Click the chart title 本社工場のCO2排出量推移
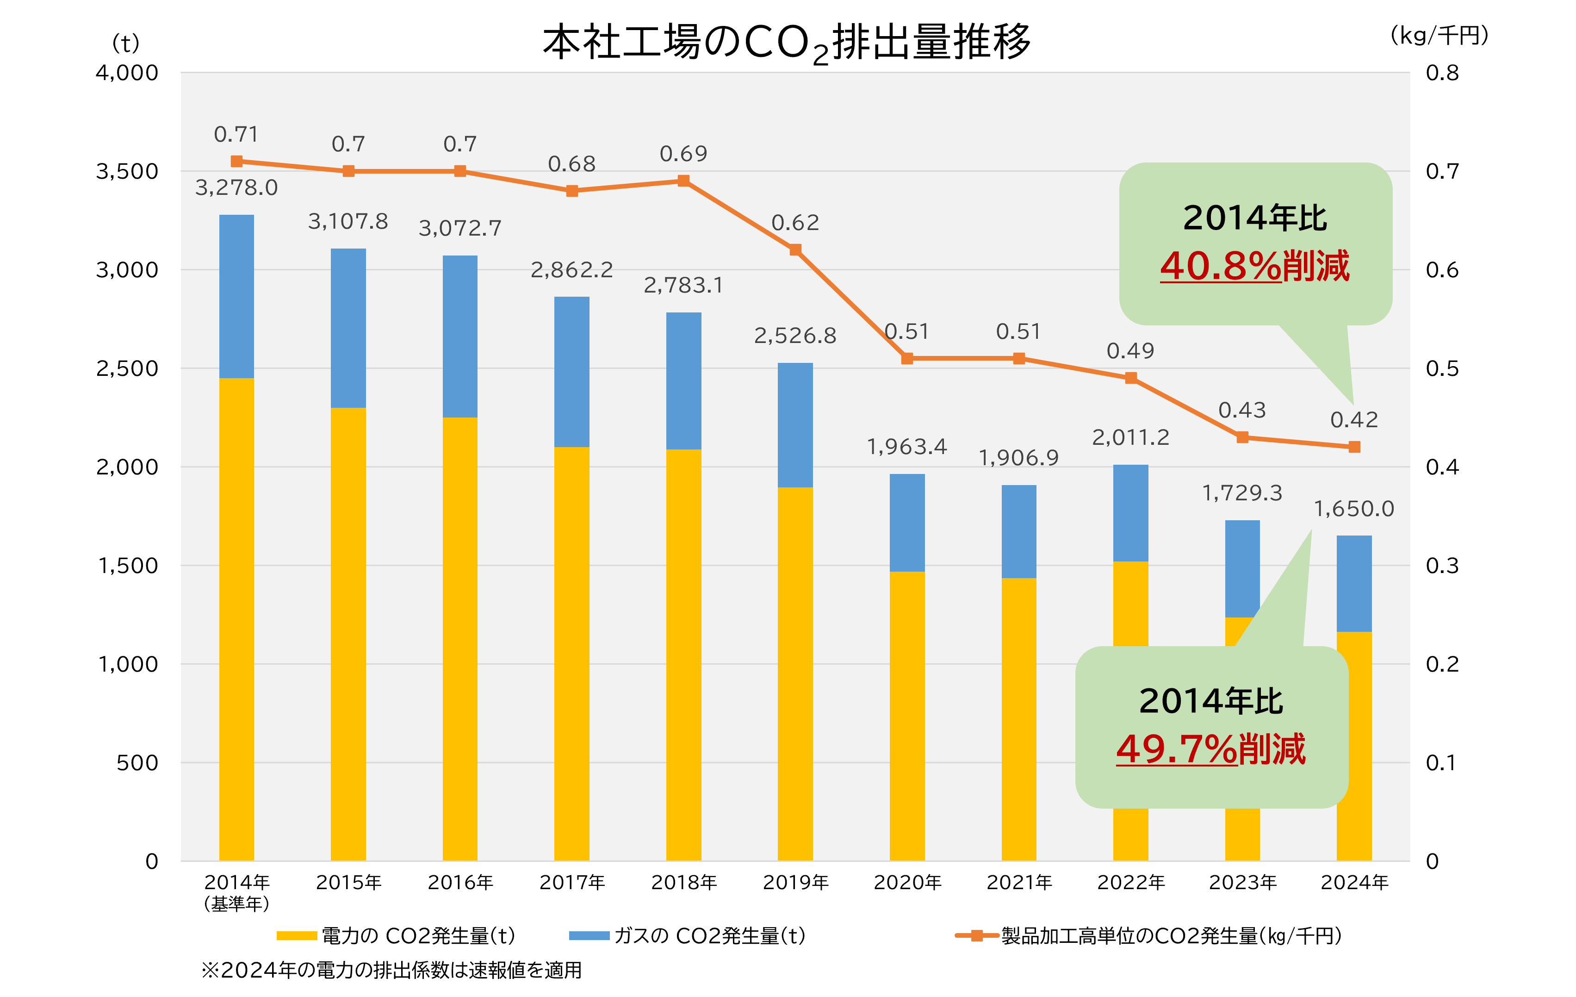coord(786,43)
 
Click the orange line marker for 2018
coord(683,181)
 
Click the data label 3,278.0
coord(236,188)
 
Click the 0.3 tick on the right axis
coord(1442,566)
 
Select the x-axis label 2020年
coord(907,882)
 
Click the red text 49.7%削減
coord(1211,748)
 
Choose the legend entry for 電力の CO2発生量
coord(397,935)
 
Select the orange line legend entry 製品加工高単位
coord(1148,935)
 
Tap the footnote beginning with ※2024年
coord(391,970)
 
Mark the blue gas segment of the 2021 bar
coord(1018,531)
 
